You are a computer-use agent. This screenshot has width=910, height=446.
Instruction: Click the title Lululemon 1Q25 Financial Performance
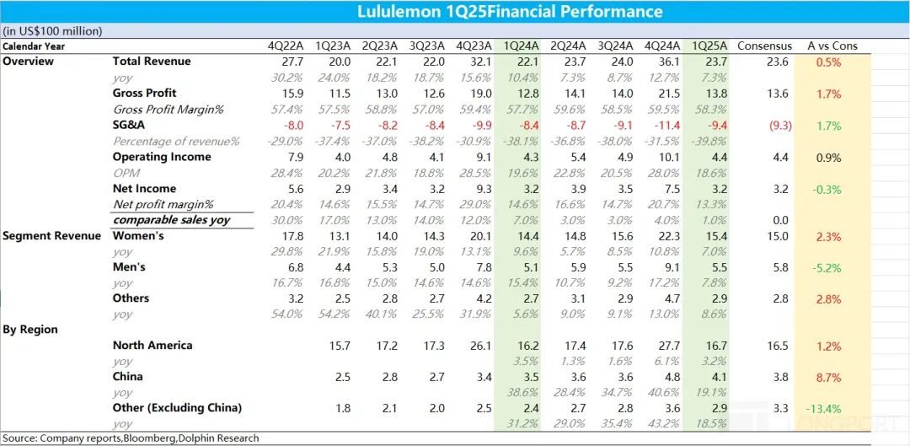pos(510,12)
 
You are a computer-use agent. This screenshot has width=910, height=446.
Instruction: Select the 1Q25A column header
pos(709,46)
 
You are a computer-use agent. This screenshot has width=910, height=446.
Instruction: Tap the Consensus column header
pos(764,46)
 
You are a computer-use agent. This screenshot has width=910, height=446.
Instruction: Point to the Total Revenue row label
pos(152,62)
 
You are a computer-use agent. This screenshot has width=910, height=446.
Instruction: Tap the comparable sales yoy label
pos(172,220)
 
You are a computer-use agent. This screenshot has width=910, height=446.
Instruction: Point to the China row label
pos(128,377)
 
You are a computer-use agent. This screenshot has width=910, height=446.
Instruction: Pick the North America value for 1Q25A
pos(709,346)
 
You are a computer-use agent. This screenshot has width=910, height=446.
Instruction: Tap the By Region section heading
pos(30,330)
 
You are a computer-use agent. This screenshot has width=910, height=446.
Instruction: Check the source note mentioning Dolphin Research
pos(131,438)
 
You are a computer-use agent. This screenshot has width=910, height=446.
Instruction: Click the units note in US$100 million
pos(53,31)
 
